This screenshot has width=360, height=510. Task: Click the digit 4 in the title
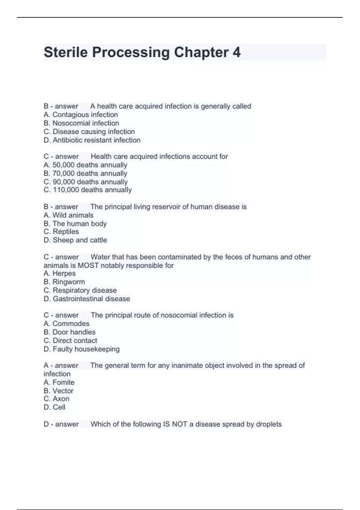tap(236, 52)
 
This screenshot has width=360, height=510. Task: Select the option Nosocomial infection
tap(85, 123)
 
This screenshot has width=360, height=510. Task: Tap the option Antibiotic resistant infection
tap(96, 140)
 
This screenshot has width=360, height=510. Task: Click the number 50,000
tap(64, 165)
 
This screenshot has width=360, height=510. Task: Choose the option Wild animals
tap(73, 215)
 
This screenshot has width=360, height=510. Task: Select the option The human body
tap(79, 223)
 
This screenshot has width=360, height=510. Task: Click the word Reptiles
tap(66, 232)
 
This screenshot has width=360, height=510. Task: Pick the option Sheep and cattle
tap(80, 240)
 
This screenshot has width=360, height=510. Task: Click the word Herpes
tap(64, 274)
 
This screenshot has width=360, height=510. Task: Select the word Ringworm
tap(69, 282)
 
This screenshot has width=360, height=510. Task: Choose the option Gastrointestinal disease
tap(91, 299)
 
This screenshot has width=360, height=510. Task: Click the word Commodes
tap(71, 324)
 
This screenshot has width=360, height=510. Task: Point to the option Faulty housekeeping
tap(86, 349)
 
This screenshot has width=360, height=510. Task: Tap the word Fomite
tap(63, 382)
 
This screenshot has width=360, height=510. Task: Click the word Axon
tap(61, 399)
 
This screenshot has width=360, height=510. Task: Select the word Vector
tap(63, 391)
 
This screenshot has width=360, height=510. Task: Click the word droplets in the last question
tap(268, 424)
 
